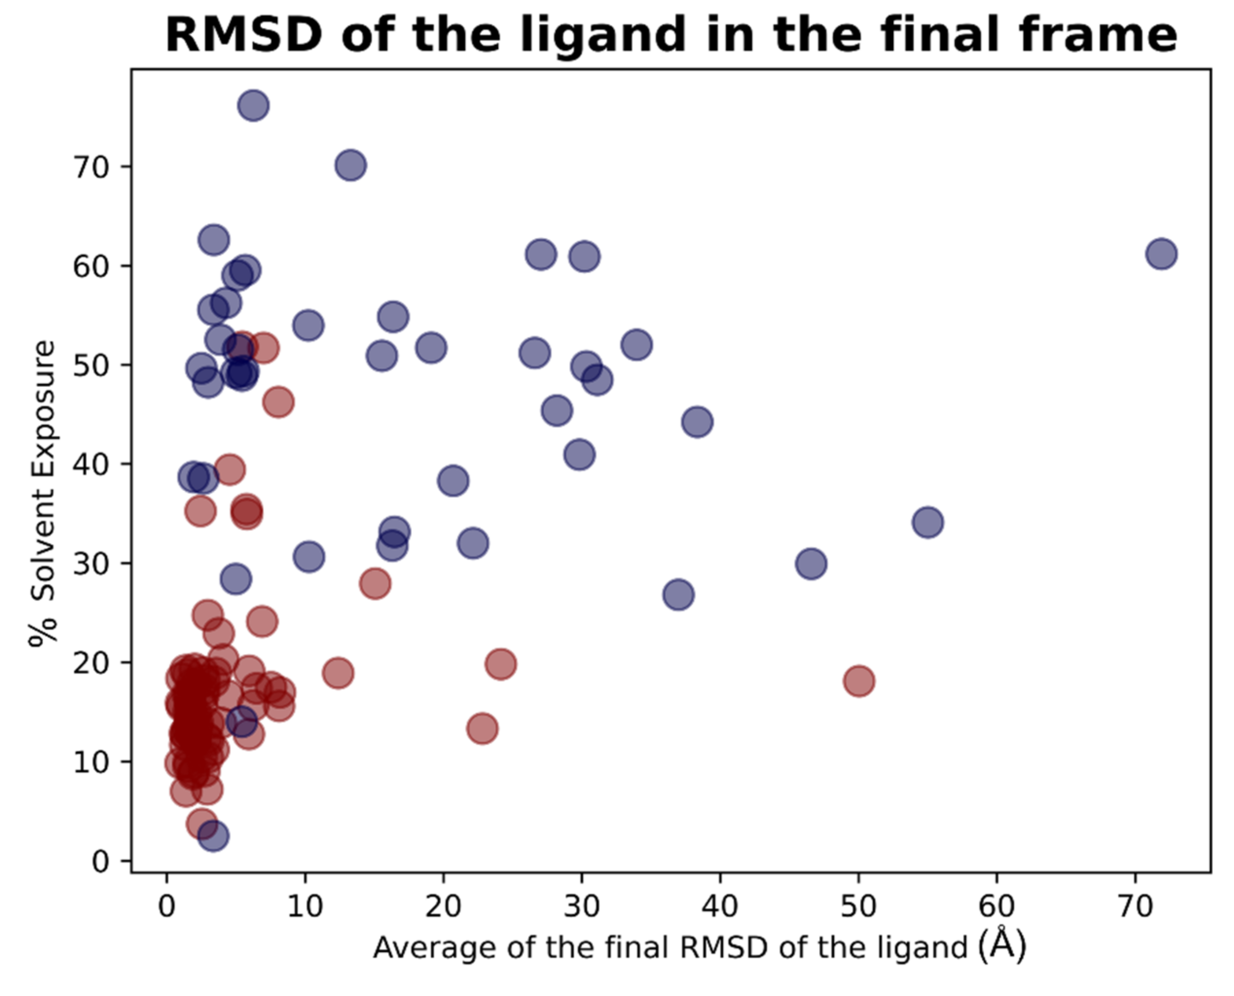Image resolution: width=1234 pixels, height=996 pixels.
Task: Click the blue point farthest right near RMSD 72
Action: click(x=1161, y=253)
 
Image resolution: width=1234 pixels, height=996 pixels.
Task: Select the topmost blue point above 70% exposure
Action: click(x=253, y=106)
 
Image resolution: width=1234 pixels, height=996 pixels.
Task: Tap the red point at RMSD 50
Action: click(x=859, y=681)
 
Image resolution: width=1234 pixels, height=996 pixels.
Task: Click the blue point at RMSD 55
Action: click(x=928, y=522)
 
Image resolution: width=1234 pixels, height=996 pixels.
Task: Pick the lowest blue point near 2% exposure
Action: click(x=213, y=836)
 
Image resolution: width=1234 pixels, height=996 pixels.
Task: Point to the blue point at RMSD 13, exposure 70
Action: click(x=351, y=165)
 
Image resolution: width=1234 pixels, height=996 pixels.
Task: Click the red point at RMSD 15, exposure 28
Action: click(x=375, y=584)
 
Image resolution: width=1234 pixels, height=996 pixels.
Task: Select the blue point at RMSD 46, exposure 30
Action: click(x=811, y=563)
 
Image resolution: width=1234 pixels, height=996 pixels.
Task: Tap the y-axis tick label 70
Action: click(x=91, y=167)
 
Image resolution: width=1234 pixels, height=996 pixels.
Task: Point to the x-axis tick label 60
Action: click(x=997, y=907)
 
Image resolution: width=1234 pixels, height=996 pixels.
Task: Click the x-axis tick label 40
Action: click(x=720, y=907)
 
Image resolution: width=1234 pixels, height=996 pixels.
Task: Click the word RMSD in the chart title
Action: click(x=243, y=35)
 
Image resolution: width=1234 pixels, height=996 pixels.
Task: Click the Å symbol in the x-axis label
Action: click(x=1002, y=945)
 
